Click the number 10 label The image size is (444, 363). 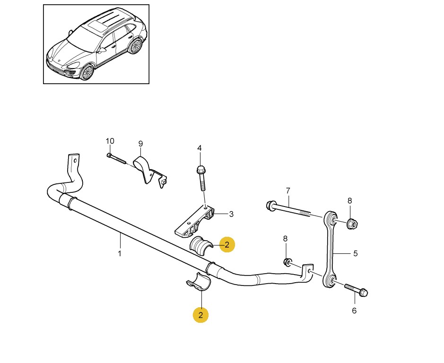(x=110, y=141)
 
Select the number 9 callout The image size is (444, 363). (x=140, y=144)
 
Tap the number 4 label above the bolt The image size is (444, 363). (x=200, y=148)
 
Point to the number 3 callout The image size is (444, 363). (x=231, y=214)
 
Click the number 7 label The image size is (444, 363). (x=287, y=190)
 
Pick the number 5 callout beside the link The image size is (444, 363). (x=355, y=253)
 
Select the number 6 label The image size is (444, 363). (x=354, y=311)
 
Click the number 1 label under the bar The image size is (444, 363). (x=120, y=253)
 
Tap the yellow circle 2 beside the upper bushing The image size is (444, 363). (x=227, y=244)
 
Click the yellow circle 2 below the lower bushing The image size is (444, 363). (x=200, y=314)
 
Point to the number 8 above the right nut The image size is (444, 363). (x=350, y=200)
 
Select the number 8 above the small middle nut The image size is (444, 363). (x=285, y=239)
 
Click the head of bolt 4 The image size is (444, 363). (x=200, y=169)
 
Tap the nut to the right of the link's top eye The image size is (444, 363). (x=352, y=223)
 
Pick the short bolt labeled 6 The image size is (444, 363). (x=357, y=289)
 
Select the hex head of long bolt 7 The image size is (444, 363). (x=272, y=206)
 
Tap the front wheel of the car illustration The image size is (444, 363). (x=87, y=72)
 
